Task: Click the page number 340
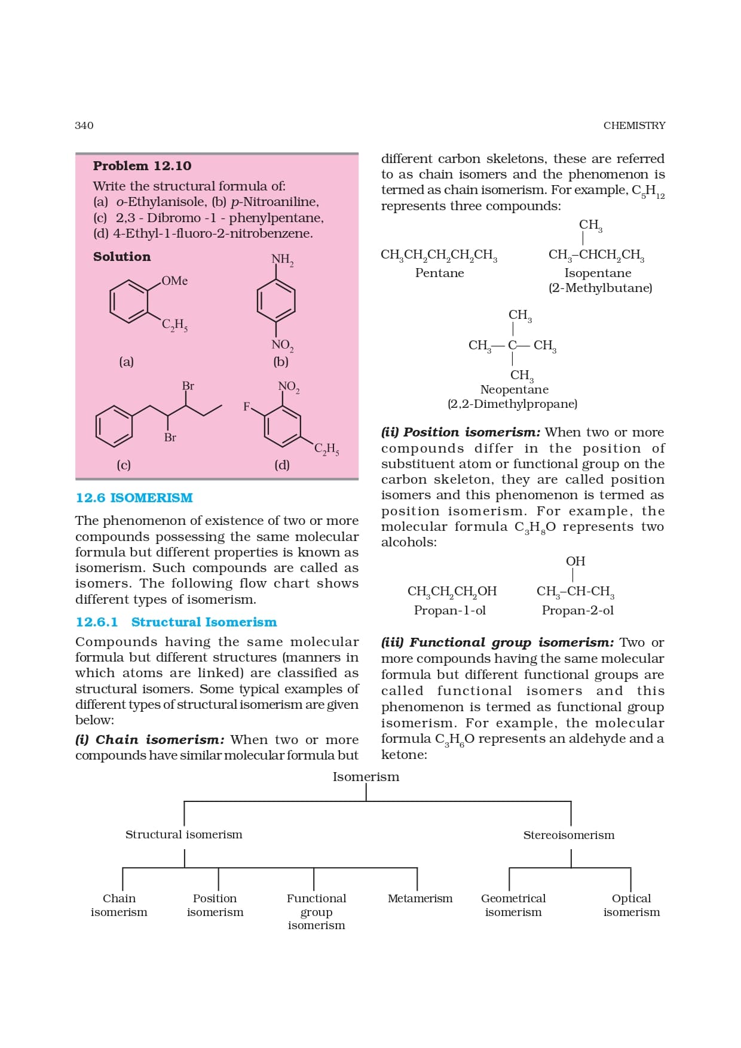coord(84,125)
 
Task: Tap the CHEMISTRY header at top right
coord(634,125)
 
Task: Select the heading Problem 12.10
coord(142,166)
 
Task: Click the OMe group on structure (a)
coord(174,281)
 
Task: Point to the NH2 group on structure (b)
coord(282,259)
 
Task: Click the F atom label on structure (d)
coord(246,407)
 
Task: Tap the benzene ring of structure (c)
coord(114,426)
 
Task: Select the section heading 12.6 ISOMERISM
coord(134,498)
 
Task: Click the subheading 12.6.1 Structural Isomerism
coord(176,622)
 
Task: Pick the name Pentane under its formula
coord(439,273)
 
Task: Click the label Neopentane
coord(514,389)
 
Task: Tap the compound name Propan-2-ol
coord(577,610)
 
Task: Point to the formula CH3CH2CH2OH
coord(452,591)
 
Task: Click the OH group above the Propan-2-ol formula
coord(575,561)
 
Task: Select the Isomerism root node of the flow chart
coord(366,777)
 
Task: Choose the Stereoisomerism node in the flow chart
coord(568,835)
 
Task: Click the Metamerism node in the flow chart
coord(420,899)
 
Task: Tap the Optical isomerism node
coord(631,905)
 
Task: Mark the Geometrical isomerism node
coord(513,905)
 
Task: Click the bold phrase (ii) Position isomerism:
coord(461,432)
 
